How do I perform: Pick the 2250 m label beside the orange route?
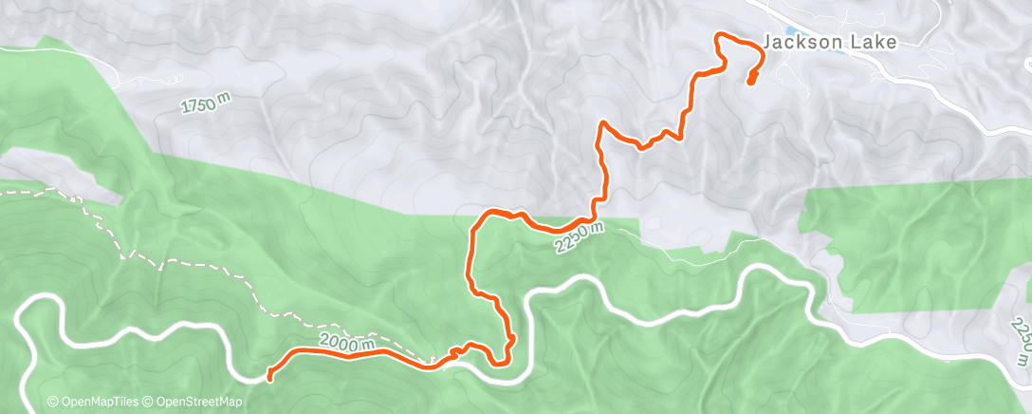pyautogui.click(x=578, y=236)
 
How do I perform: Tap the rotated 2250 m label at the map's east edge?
pyautogui.click(x=1021, y=342)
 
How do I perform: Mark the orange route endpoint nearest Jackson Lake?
pyautogui.click(x=750, y=83)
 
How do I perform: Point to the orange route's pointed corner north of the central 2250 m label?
pyautogui.click(x=601, y=123)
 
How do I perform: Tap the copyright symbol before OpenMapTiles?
pyautogui.click(x=52, y=402)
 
